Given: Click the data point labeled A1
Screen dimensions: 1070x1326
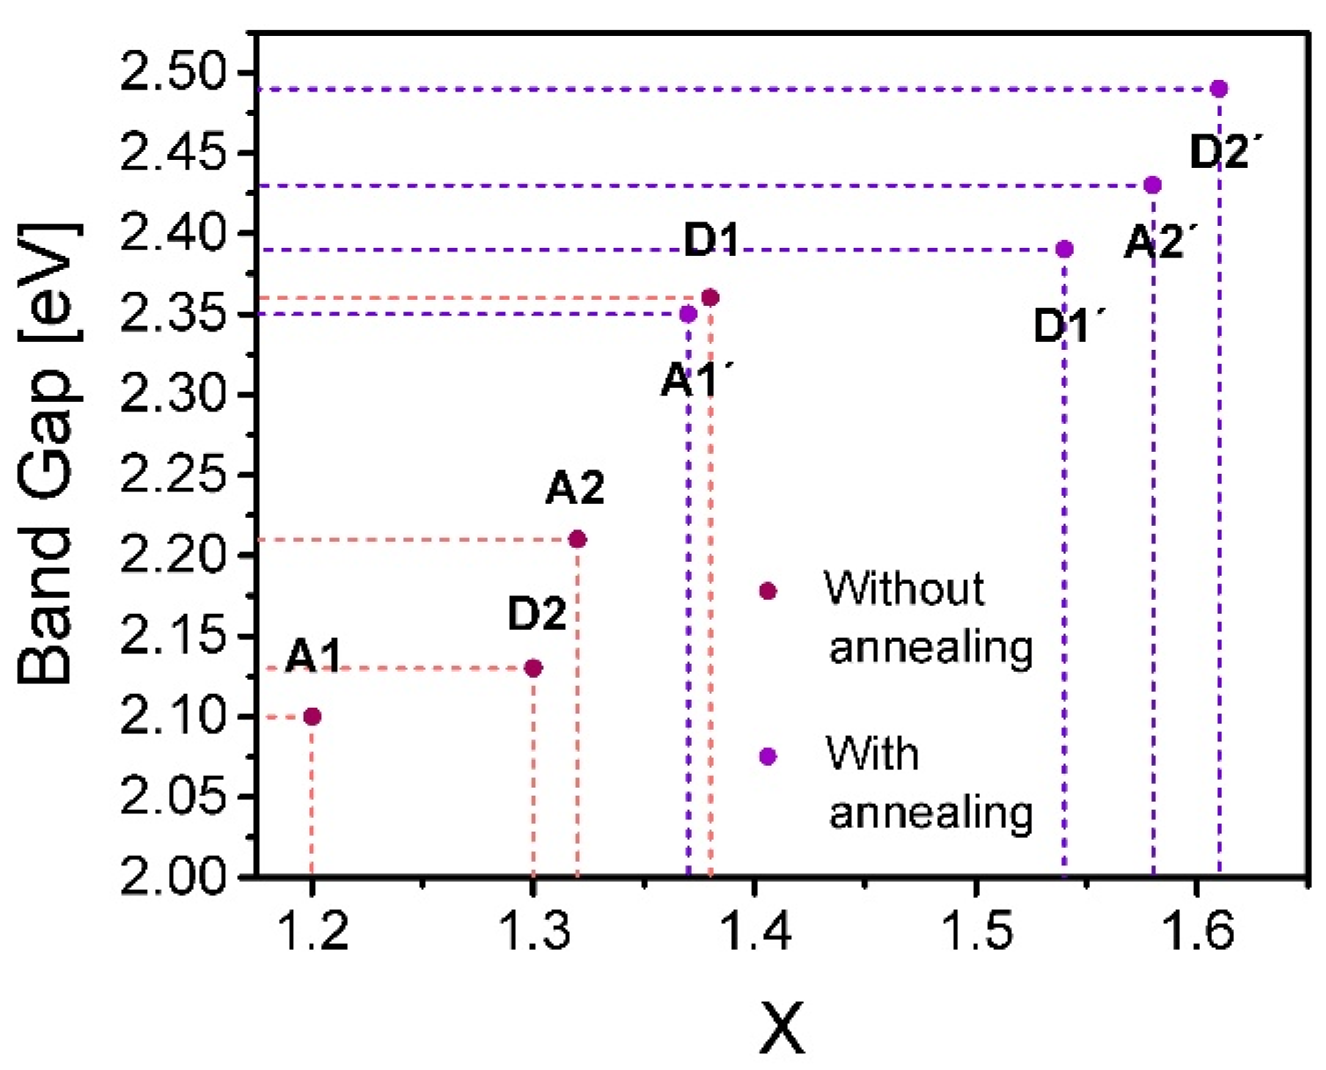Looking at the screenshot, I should (x=312, y=717).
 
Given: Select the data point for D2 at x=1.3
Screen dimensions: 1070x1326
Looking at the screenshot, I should (x=534, y=668).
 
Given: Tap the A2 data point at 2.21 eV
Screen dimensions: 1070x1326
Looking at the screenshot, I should (x=578, y=540).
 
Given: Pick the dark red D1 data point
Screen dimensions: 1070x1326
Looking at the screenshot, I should (x=710, y=298).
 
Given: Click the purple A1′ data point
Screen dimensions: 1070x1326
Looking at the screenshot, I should (x=688, y=315).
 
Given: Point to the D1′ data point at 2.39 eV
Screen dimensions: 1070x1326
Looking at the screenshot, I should (x=1065, y=249).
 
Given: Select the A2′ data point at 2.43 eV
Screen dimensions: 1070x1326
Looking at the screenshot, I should (x=1153, y=185).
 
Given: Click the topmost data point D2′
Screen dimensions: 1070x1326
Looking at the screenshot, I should (x=1219, y=89).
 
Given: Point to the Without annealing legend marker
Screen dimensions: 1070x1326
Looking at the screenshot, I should (x=768, y=590).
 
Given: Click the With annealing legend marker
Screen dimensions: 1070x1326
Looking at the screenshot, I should (x=768, y=756).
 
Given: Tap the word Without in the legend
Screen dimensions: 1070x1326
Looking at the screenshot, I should (x=904, y=588).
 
